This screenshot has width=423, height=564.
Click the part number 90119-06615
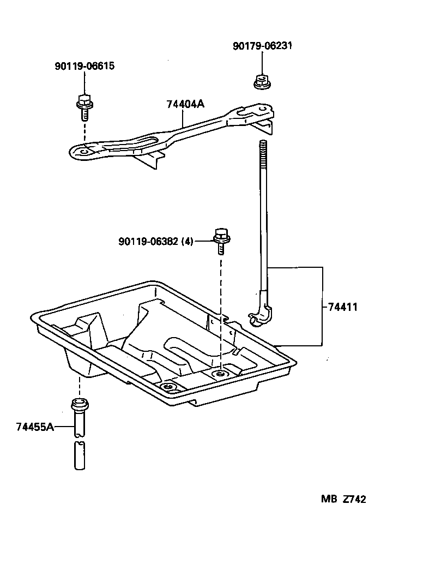pyautogui.click(x=84, y=67)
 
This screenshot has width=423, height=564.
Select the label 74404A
pyautogui.click(x=185, y=105)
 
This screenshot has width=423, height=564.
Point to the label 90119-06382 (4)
pyautogui.click(x=155, y=241)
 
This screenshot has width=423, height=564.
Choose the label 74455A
pyautogui.click(x=35, y=427)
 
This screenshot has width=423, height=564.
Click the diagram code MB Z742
pyautogui.click(x=343, y=499)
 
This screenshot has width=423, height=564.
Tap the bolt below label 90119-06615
pyautogui.click(x=84, y=107)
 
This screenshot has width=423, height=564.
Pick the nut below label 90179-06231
pyautogui.click(x=261, y=81)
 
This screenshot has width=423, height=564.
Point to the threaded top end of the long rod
pyautogui.click(x=263, y=150)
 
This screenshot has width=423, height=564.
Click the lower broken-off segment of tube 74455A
pyautogui.click(x=80, y=456)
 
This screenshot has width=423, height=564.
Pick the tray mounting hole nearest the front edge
pyautogui.click(x=169, y=387)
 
